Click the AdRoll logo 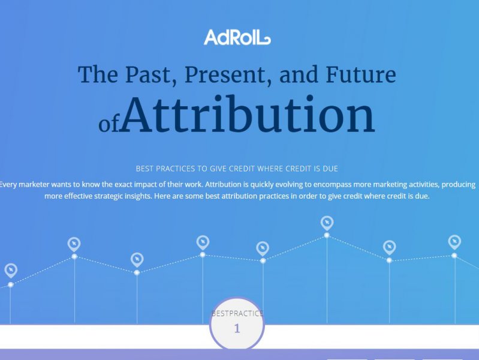click(x=237, y=37)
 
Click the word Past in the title click(x=148, y=74)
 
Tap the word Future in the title click(x=361, y=74)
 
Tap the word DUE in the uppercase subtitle click(x=330, y=169)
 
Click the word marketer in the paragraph click(x=34, y=184)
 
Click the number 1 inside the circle click(x=237, y=328)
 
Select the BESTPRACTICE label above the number click(x=237, y=314)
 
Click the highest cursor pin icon click(x=327, y=223)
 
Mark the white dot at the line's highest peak click(x=327, y=235)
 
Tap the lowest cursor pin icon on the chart click(x=11, y=271)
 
